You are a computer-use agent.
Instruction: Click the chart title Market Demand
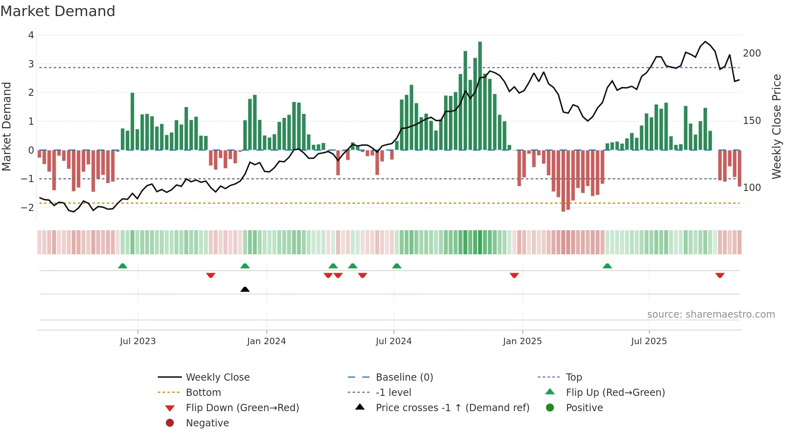[58, 11]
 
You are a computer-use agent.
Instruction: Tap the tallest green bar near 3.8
[480, 96]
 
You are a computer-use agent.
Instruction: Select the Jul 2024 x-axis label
[393, 341]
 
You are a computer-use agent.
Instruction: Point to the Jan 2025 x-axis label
[522, 341]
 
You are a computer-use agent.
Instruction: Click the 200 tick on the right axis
[752, 53]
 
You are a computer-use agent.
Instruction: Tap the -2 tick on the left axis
[27, 208]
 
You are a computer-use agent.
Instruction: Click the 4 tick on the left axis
[31, 35]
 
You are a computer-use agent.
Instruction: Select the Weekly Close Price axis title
[777, 126]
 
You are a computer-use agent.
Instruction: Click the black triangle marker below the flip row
[245, 289]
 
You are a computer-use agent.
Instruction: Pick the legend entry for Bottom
[203, 393]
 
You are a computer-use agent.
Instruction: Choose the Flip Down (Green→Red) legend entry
[242, 408]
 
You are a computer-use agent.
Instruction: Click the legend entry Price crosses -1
[452, 408]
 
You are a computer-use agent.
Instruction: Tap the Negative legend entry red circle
[170, 423]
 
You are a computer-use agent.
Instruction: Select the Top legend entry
[573, 377]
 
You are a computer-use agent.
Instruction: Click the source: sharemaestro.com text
[711, 314]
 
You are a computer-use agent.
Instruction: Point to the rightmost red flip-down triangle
[720, 276]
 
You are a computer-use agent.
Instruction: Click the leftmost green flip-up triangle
[122, 266]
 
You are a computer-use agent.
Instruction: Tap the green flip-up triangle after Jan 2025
[607, 266]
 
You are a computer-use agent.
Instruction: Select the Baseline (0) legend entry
[404, 377]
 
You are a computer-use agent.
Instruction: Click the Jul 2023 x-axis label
[138, 341]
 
